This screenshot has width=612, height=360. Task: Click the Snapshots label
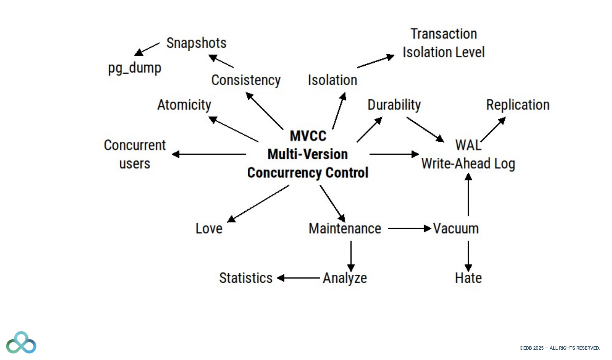coord(196,43)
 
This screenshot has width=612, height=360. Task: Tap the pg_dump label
coord(135,68)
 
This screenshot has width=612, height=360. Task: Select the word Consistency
coord(246,80)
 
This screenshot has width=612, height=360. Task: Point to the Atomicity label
coord(184,105)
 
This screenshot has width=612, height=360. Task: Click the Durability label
coord(394,105)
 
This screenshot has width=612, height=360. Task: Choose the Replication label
coord(518,105)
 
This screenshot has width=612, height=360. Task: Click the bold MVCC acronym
coord(308,136)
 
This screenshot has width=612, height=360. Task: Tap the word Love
coord(209,229)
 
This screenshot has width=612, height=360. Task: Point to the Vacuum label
coord(456,229)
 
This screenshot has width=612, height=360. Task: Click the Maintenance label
coord(345,229)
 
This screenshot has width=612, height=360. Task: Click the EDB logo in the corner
coord(21,343)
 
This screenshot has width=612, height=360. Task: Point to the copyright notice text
coord(559,348)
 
